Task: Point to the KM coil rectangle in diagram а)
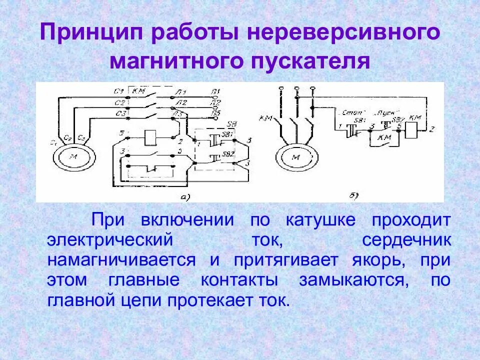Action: [x=151, y=135]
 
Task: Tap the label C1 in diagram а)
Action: [x=118, y=91]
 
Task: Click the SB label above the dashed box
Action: [x=231, y=123]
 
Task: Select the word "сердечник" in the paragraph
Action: [x=407, y=240]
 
